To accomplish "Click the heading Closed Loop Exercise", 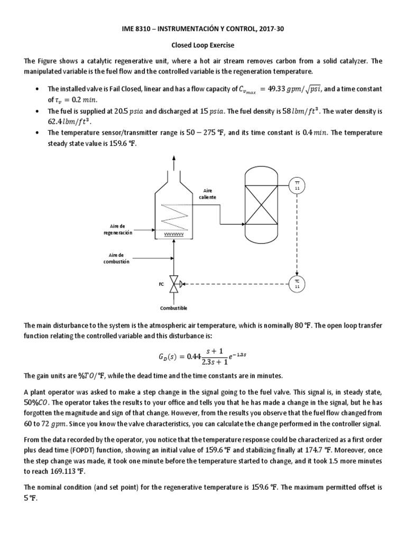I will pos(203,46).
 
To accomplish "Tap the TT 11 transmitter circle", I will pos(296,184).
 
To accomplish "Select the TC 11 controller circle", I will pos(296,284).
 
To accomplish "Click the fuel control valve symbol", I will pos(174,284).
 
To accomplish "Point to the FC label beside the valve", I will pos(161,284).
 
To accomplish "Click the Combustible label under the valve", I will pos(174,307).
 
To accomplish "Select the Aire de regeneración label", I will pos(118,229).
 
